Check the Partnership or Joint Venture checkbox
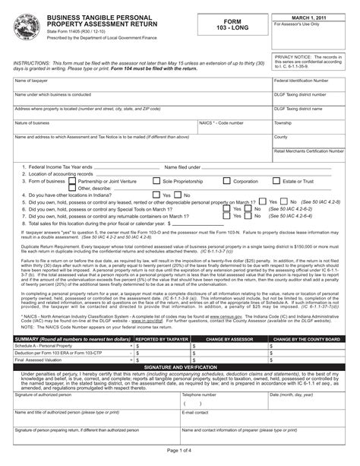point(73,182)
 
